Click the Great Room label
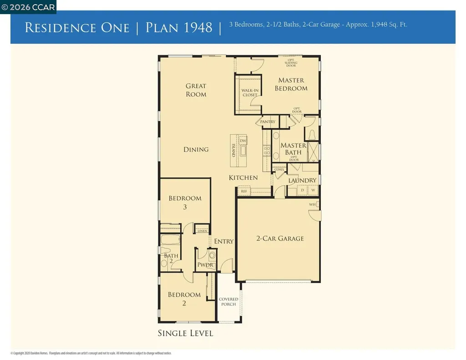196,90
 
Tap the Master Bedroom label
291,84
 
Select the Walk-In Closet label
249,93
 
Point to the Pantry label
268,122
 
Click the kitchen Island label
233,151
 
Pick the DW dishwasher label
243,141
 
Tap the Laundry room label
302,180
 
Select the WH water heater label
312,205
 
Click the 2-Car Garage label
279,238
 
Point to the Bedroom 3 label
185,203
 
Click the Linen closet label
202,231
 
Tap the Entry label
223,241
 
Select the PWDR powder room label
205,265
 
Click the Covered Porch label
228,302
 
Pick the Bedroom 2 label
184,299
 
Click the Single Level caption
185,333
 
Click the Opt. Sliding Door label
291,63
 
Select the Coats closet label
279,169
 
